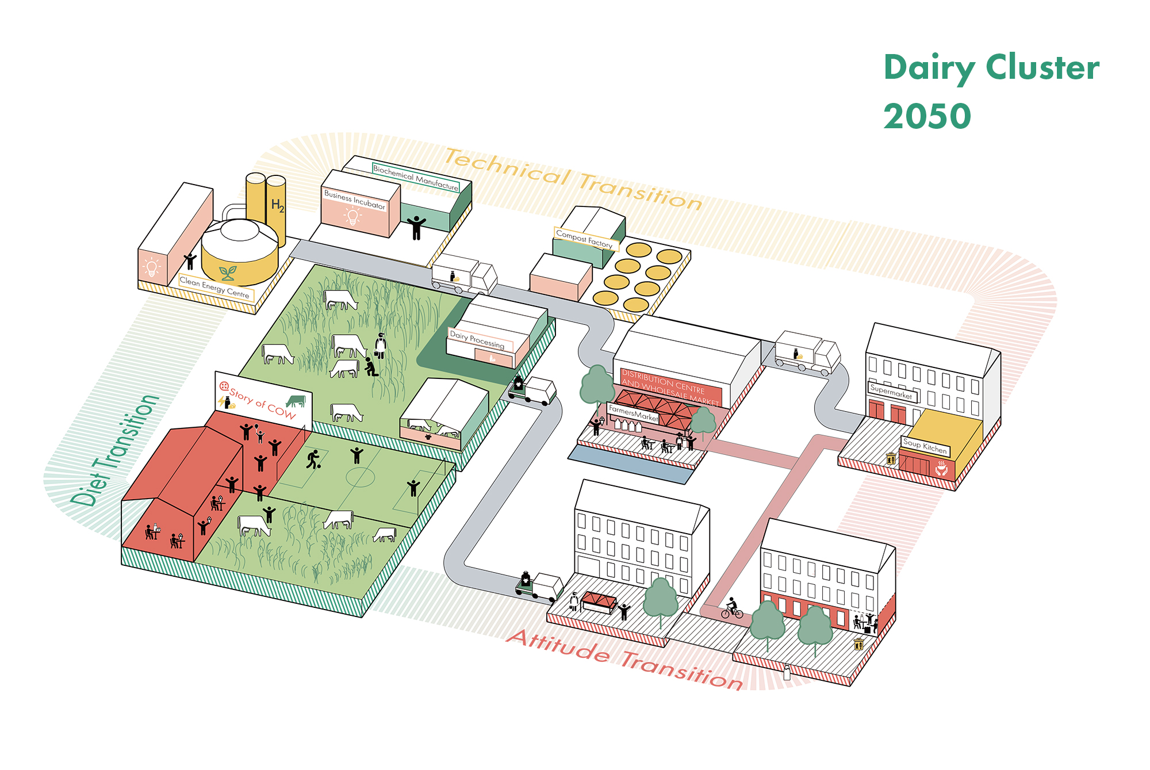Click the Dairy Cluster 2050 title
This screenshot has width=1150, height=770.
tap(990, 91)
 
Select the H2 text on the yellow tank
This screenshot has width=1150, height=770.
tap(277, 205)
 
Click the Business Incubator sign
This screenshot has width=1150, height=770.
tap(354, 199)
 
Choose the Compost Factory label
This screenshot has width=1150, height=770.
tap(584, 239)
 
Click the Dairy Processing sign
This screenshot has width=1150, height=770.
tap(477, 340)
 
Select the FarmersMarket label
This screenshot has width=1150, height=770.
tap(633, 413)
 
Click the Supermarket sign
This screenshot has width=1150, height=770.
tap(891, 391)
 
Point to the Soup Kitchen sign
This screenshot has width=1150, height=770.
tap(925, 446)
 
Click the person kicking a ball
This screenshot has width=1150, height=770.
tap(313, 459)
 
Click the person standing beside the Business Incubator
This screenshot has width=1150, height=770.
tap(417, 228)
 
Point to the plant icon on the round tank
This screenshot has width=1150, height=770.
tap(228, 273)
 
